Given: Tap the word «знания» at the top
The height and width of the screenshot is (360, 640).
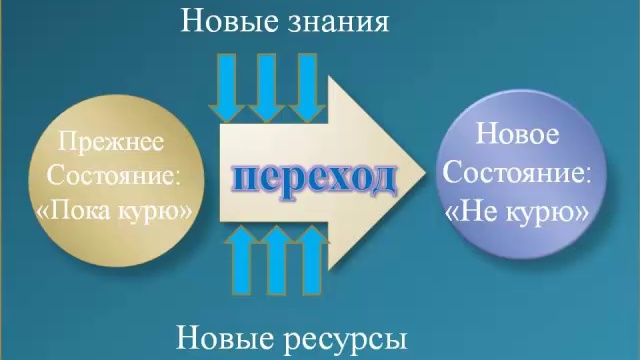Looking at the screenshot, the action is click(338, 21).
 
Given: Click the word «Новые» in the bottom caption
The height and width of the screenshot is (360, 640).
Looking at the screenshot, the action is click(225, 337).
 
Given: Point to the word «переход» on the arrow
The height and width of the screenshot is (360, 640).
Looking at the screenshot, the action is click(315, 178).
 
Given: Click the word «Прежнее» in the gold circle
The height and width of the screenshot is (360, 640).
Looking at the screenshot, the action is click(110, 142).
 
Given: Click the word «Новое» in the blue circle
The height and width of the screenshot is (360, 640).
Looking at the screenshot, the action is click(517, 134).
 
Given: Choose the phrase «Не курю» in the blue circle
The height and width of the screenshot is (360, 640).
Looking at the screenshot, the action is click(517, 210).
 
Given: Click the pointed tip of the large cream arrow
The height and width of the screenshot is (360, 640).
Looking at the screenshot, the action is click(428, 171).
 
